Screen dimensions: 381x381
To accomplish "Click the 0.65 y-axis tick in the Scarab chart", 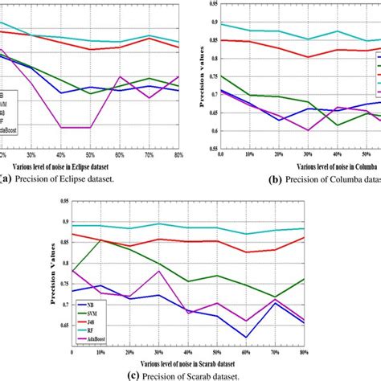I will [x=61, y=326].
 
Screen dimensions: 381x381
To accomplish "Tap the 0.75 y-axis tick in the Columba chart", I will [x=211, y=76].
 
